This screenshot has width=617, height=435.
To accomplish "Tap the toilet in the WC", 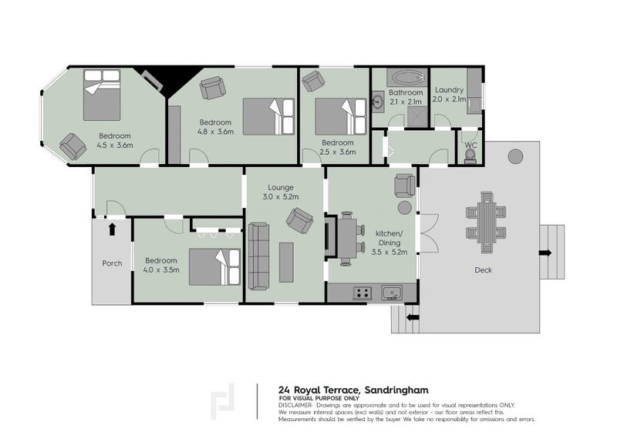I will click(x=470, y=156).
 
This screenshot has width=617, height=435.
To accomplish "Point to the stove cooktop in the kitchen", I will click(x=362, y=293).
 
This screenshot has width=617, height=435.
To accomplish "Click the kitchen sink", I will click(x=392, y=293).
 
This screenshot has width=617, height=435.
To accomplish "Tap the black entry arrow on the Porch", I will click(x=112, y=228).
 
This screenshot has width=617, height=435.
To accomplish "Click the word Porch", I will click(x=112, y=263).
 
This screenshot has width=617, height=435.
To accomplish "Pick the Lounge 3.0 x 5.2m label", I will click(x=283, y=192).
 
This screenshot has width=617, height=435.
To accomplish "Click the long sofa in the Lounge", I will click(x=258, y=253).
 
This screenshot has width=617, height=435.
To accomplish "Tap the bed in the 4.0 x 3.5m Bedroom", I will click(x=214, y=266).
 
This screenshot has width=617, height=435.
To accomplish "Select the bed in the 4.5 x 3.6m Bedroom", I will click(x=102, y=95).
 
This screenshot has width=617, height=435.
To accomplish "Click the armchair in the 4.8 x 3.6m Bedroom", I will click(x=212, y=88).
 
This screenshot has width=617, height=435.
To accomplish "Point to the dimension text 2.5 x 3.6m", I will click(x=338, y=152).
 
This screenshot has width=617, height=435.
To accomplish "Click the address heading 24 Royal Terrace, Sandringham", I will click(x=352, y=390).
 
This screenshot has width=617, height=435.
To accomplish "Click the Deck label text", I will click(x=484, y=270).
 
